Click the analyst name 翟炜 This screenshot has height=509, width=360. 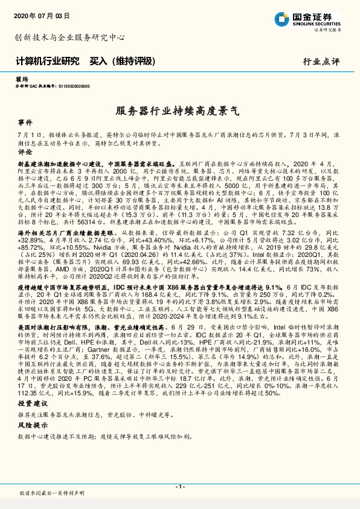click(x=21, y=79)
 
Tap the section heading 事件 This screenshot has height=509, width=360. click(x=25, y=122)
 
